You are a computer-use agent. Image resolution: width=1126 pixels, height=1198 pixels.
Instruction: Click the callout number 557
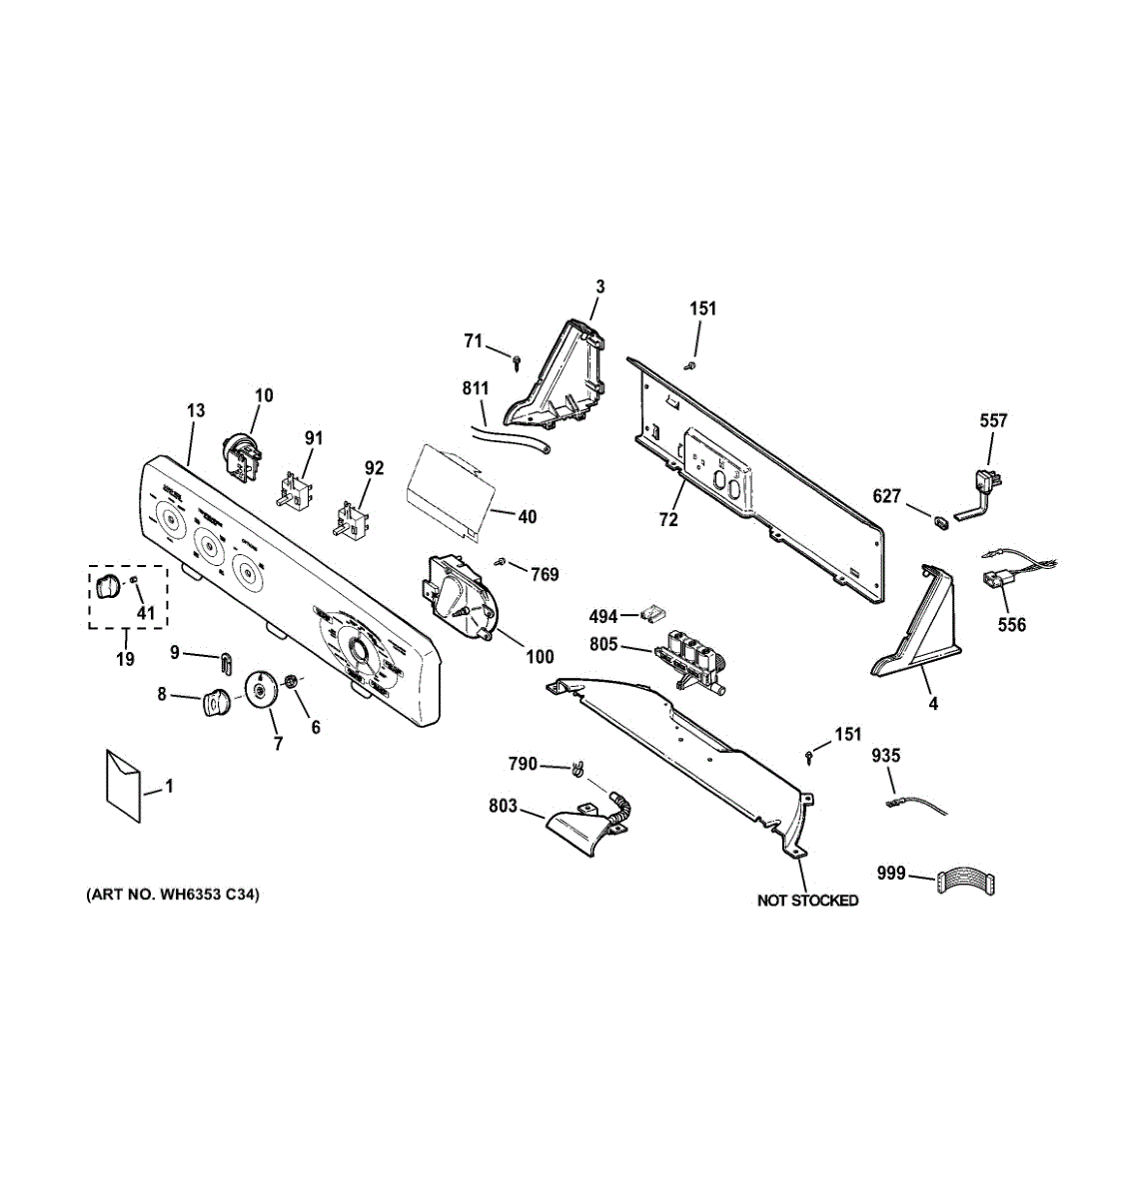click(x=993, y=421)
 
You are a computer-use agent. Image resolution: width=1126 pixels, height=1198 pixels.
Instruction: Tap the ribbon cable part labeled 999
click(x=966, y=882)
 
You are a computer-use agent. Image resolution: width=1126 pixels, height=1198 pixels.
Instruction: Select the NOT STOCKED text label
click(x=807, y=900)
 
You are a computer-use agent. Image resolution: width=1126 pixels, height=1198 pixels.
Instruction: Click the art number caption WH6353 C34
click(x=173, y=896)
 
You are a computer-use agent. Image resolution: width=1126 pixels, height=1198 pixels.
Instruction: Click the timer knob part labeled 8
click(x=215, y=703)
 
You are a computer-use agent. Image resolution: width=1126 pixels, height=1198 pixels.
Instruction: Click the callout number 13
click(x=195, y=410)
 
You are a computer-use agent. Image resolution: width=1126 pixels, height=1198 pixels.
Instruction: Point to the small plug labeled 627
click(x=942, y=519)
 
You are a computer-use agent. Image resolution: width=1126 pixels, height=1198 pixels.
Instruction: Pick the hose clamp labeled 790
click(x=577, y=769)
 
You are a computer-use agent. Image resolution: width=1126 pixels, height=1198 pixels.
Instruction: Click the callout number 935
click(x=885, y=756)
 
